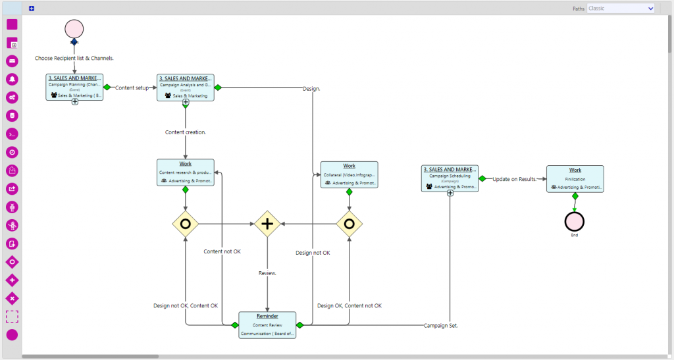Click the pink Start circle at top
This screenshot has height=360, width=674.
coord(74,29)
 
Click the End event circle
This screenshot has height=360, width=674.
coord(575,222)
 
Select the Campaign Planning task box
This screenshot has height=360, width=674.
coord(74,87)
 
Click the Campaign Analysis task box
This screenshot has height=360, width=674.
coord(186,87)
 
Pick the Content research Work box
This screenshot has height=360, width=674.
coord(186,172)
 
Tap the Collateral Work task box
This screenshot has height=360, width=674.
coord(349,174)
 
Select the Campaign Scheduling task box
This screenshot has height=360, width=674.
coord(450,178)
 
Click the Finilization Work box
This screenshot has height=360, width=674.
coord(575,178)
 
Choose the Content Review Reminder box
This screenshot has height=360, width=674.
coord(267,325)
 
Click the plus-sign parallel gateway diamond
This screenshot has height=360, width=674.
coord(267,224)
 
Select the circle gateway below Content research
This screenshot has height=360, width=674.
coord(186,224)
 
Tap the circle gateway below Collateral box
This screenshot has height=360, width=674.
coord(349,224)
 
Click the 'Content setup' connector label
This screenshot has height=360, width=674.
coord(132,88)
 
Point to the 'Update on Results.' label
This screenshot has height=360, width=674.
coord(515,179)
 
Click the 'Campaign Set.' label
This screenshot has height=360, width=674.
coord(440,326)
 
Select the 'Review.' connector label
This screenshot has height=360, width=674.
coord(267,272)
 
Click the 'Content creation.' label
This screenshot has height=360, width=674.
coord(186,132)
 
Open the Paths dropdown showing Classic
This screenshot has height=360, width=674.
coord(621,9)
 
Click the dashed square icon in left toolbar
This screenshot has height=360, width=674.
coord(12,317)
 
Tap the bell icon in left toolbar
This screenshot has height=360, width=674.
coord(12,79)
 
